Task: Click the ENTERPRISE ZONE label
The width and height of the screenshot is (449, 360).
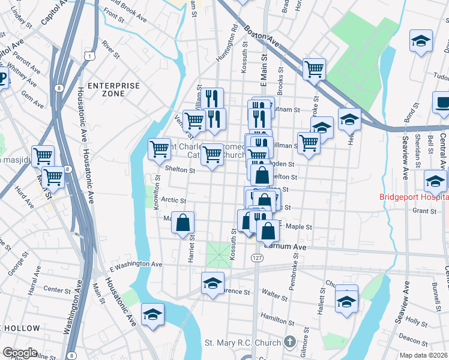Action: click(x=113, y=89)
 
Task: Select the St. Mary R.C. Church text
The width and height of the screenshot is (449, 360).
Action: click(x=243, y=343)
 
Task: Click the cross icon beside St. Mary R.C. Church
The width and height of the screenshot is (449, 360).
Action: click(x=290, y=343)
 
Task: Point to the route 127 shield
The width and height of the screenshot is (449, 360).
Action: click(x=256, y=257)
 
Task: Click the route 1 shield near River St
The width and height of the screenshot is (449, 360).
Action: click(x=89, y=56)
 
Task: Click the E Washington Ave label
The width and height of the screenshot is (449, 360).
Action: click(x=136, y=264)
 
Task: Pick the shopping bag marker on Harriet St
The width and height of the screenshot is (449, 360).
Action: click(x=182, y=223)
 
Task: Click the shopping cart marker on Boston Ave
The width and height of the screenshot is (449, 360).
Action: click(x=314, y=69)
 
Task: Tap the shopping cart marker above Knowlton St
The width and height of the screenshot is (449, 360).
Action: click(x=159, y=148)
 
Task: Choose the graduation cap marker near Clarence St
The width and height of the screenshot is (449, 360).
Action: click(x=212, y=283)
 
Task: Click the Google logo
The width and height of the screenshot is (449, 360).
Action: click(x=20, y=352)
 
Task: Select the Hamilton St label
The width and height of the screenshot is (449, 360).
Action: click(x=274, y=316)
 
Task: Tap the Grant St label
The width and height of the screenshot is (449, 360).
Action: click(x=424, y=211)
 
